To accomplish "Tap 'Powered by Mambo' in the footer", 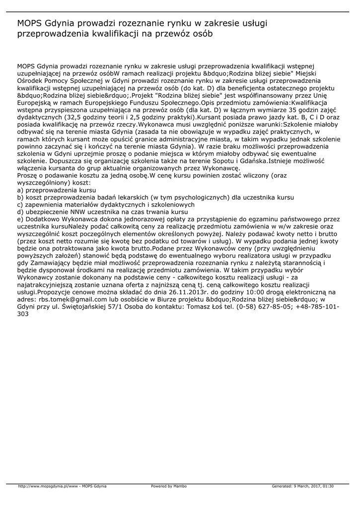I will (x=169, y=486).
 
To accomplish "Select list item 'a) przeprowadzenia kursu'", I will (x=57, y=190).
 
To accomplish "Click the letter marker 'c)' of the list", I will (x=20, y=204).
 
